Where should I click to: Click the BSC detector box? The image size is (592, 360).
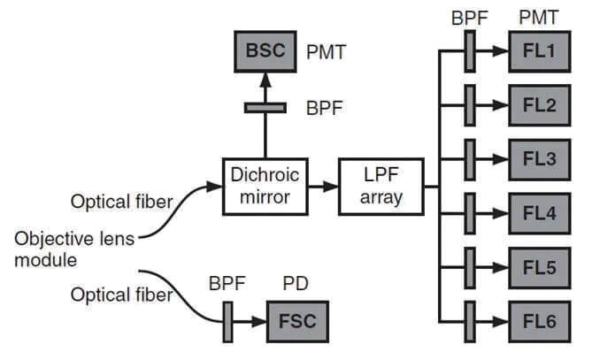(266, 52)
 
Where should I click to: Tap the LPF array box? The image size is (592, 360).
(381, 186)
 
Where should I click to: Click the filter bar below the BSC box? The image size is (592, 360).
(265, 107)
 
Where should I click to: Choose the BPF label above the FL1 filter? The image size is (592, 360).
(469, 17)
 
